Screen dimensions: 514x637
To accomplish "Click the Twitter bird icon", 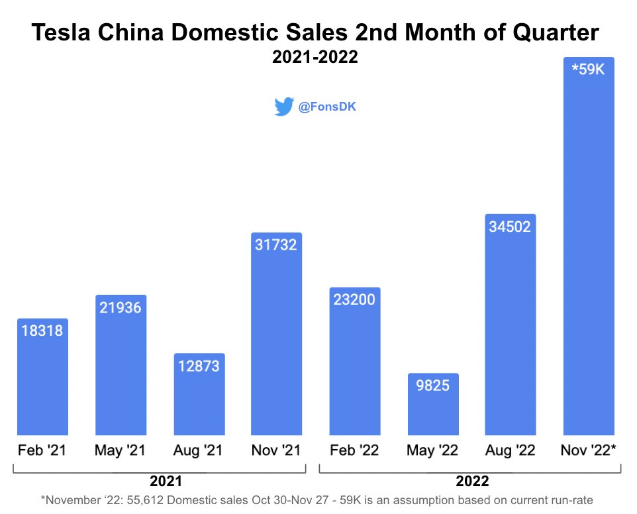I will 283,107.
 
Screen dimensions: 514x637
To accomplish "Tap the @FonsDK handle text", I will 327,107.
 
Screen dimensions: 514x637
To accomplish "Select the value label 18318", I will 42,330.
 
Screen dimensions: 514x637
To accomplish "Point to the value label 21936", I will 121,307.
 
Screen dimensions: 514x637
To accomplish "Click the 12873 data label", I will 199,365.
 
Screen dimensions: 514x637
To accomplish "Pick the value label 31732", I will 276,244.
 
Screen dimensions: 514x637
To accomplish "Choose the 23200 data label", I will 354,299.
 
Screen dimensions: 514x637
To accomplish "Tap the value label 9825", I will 432,385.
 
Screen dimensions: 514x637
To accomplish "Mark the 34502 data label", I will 510,226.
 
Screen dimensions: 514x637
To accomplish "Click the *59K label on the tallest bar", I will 588,70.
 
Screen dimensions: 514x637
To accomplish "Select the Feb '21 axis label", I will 42,450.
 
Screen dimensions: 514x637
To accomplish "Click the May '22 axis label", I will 432,450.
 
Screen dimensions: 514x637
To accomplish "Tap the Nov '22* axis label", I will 589,450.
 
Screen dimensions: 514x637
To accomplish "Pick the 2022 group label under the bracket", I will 471,481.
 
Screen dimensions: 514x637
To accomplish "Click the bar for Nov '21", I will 276,344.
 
